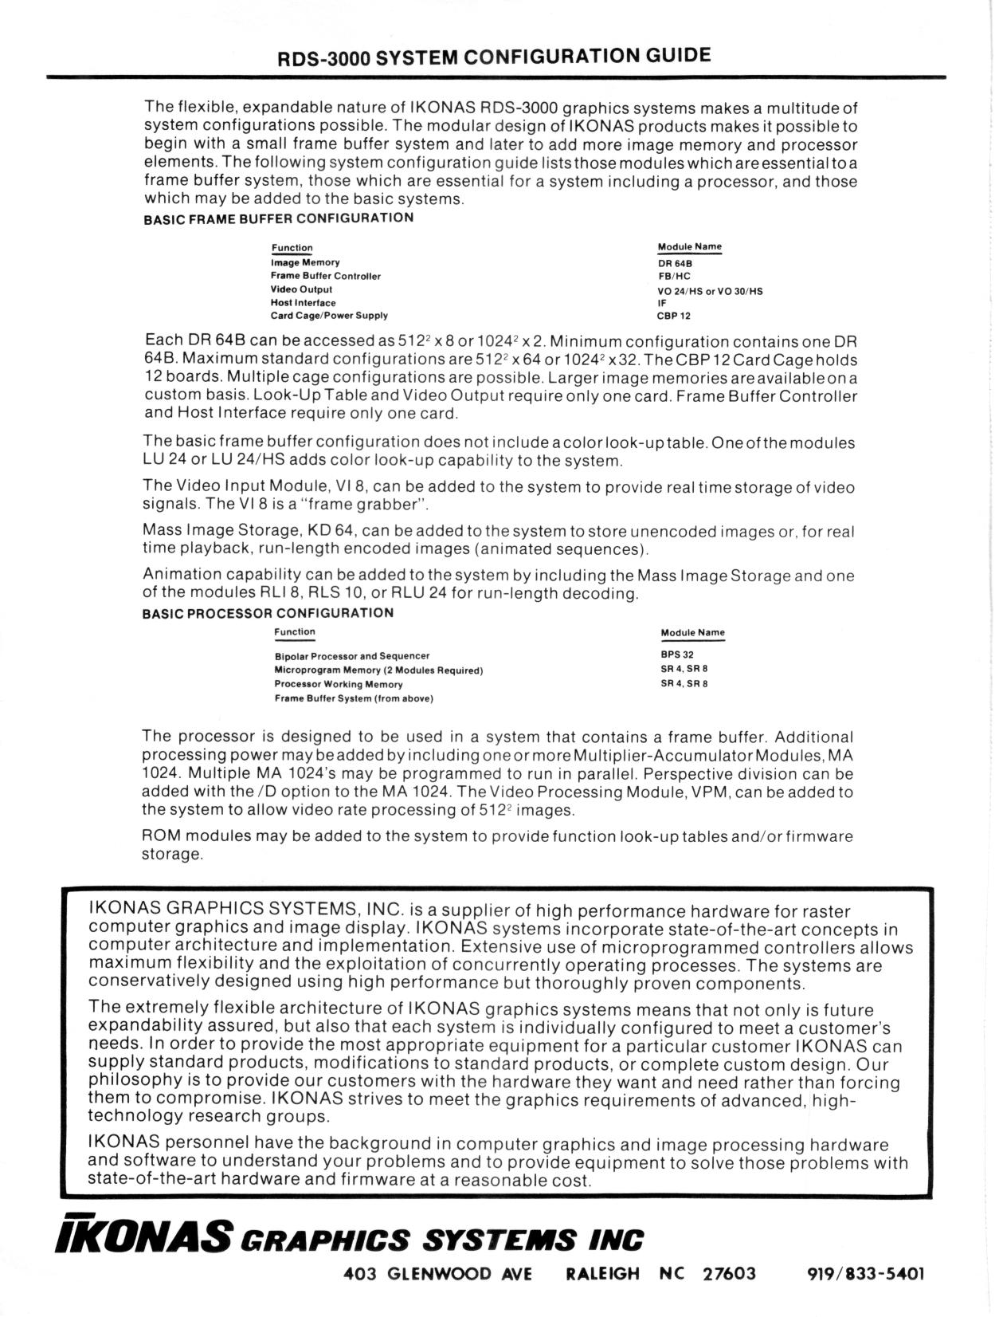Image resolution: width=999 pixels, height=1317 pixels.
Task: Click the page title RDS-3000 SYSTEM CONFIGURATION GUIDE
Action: pyautogui.click(x=493, y=57)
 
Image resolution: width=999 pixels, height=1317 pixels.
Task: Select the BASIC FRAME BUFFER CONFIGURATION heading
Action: pyautogui.click(x=278, y=218)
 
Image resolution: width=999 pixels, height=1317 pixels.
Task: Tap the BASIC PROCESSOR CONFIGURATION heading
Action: pyautogui.click(x=268, y=613)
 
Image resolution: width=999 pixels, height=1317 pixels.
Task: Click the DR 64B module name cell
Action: pyautogui.click(x=669, y=262)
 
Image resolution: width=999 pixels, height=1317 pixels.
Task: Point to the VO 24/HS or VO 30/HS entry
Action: pyautogui.click(x=709, y=290)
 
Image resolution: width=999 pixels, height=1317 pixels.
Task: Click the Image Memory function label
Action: pyautogui.click(x=305, y=262)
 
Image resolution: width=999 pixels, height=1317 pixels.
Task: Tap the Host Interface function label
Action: pyautogui.click(x=303, y=303)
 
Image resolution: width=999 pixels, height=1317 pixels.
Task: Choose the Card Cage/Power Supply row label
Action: pyautogui.click(x=329, y=316)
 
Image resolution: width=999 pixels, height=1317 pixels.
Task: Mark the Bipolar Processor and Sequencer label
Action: pyautogui.click(x=351, y=655)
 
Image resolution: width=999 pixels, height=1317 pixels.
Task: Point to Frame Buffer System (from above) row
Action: pyautogui.click(x=353, y=698)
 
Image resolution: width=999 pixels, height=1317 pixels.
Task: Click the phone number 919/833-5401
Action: pyautogui.click(x=866, y=1273)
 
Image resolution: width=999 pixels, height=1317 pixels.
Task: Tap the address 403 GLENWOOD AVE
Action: pyautogui.click(x=437, y=1273)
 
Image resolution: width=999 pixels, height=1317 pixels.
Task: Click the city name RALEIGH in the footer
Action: pyautogui.click(x=601, y=1273)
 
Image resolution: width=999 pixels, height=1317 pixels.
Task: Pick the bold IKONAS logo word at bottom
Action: pyautogui.click(x=143, y=1236)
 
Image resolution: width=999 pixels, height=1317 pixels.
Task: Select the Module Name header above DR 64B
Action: pyautogui.click(x=689, y=247)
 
